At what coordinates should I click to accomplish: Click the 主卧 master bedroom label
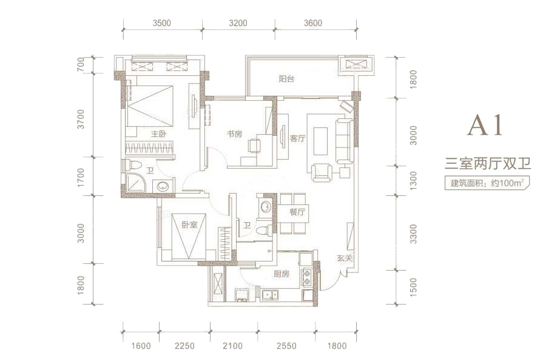coord(158,133)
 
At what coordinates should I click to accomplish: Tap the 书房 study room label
coord(234,133)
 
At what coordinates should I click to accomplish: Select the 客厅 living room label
coord(297,138)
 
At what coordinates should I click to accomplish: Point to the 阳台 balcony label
coord(286,79)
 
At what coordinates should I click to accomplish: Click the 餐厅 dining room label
coord(297,212)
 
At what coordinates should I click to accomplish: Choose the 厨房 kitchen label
coord(281,274)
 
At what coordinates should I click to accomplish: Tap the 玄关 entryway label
coord(345,258)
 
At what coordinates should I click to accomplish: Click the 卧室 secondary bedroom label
coord(189,224)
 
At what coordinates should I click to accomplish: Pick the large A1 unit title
coord(485,125)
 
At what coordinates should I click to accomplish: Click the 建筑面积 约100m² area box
coord(487,183)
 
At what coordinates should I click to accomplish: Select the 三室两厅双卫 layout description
coord(488,163)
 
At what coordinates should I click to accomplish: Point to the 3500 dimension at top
coord(161,23)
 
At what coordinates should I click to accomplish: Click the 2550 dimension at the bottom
coord(286,346)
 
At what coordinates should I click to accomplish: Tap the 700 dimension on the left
coord(81,65)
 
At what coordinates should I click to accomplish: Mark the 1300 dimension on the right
coord(413,181)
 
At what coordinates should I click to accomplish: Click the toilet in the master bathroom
coord(133,165)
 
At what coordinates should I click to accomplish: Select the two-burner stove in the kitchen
coord(307,277)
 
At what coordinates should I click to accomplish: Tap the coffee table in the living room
coord(320,141)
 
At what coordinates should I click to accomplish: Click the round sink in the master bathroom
coord(163,186)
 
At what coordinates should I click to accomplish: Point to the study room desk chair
coord(254,146)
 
